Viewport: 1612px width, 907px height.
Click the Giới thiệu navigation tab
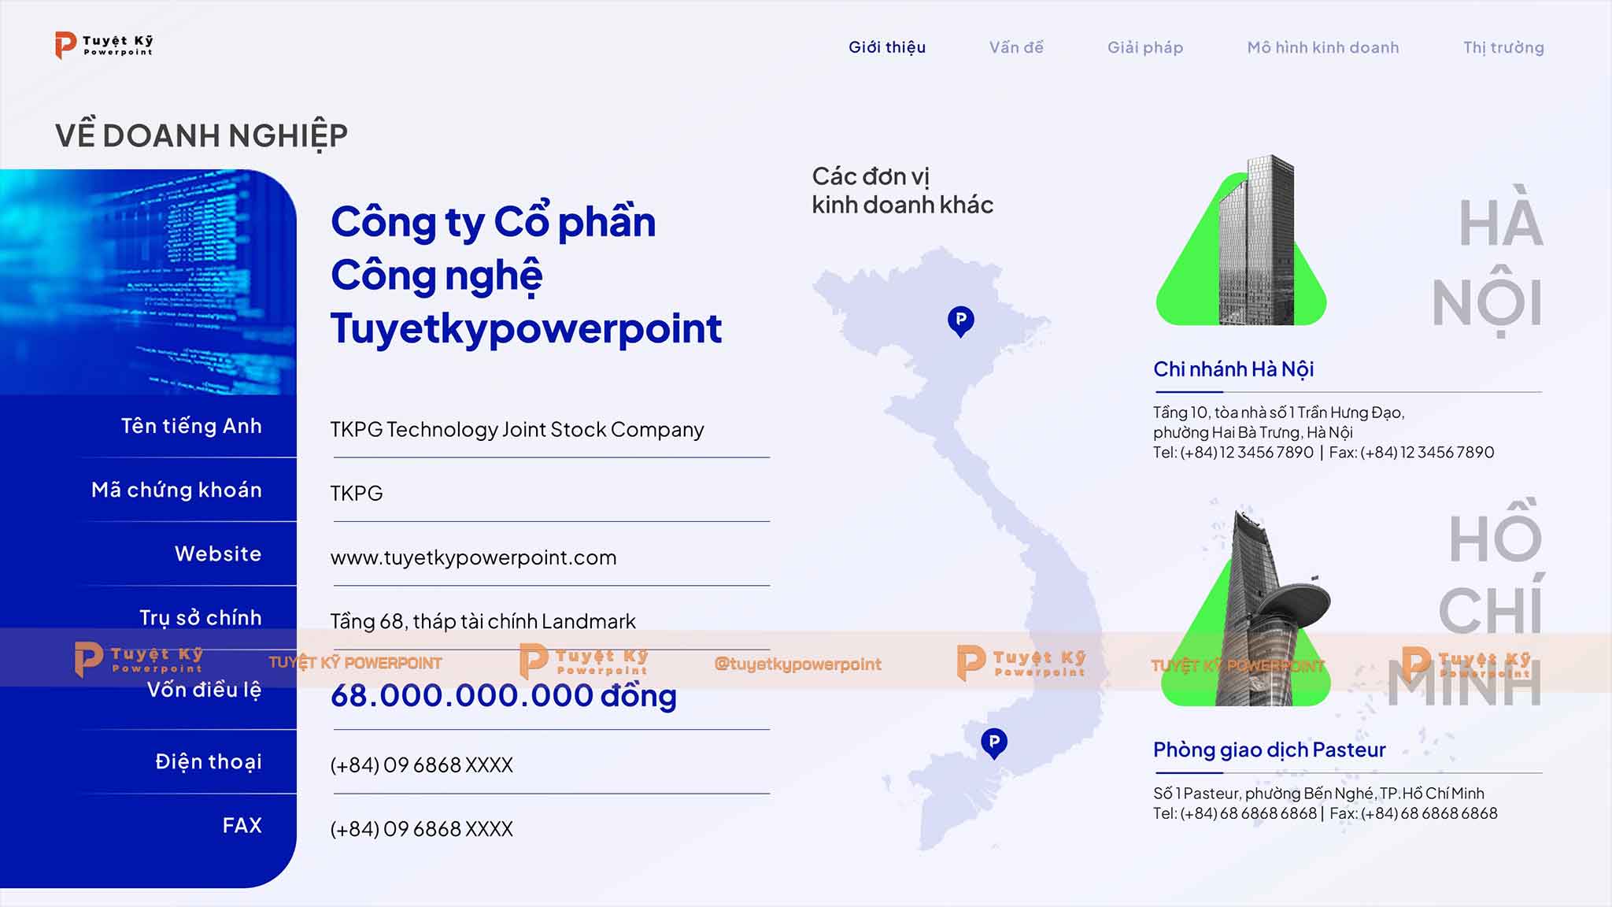pos(887,47)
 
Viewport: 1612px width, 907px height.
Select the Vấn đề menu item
pos(1016,47)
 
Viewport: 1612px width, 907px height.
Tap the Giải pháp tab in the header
pos(1145,48)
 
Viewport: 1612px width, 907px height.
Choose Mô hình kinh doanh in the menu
pos(1323,47)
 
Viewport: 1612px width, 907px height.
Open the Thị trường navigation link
pos(1503,48)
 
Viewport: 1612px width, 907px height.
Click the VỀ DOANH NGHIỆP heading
pos(201,135)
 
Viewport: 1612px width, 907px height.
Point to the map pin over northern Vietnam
pos(960,321)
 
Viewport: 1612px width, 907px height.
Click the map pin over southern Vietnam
pos(994,742)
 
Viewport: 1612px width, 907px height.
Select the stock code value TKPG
pos(357,494)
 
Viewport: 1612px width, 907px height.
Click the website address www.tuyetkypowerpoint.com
pos(473,558)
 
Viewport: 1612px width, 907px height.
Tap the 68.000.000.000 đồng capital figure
pos(504,695)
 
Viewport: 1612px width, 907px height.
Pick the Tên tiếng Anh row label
pos(191,426)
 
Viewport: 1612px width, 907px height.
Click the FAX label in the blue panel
pos(242,825)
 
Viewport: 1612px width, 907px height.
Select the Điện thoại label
pos(209,761)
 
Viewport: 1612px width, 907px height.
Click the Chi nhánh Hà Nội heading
pos(1233,369)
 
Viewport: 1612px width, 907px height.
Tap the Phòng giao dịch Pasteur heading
pos(1270,750)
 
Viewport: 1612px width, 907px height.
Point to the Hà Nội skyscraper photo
pos(1256,240)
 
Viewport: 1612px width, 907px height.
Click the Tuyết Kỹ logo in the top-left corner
pos(104,45)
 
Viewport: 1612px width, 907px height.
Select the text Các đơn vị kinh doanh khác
pos(902,191)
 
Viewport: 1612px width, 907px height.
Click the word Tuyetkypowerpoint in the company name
pos(526,329)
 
